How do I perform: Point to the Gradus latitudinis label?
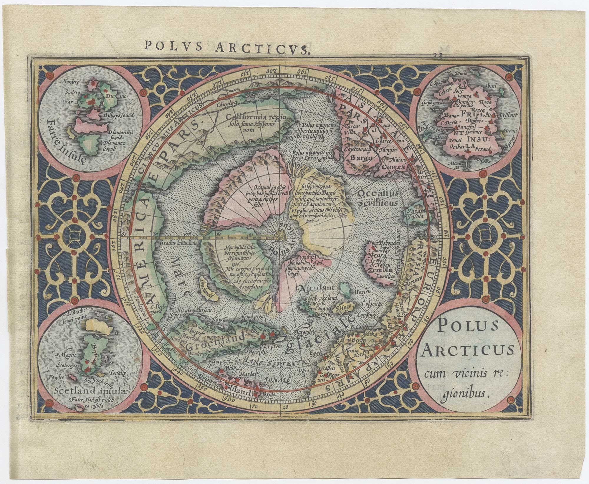click(175, 243)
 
